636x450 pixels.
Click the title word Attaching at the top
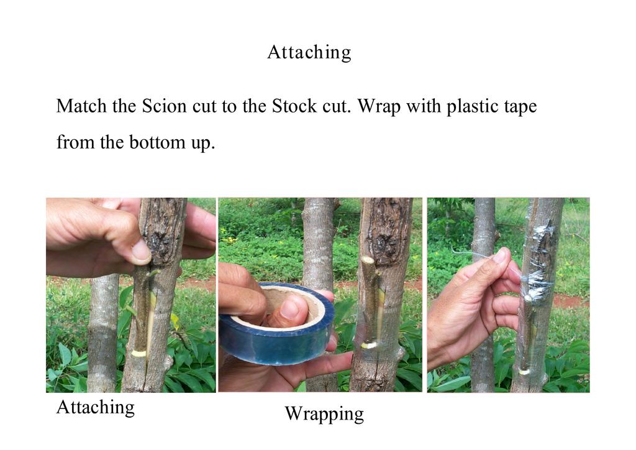coord(309,53)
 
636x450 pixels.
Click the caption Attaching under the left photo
coord(96,407)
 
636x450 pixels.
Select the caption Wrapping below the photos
coord(324,415)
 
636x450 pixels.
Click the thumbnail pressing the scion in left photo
coord(142,250)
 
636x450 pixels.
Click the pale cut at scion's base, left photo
coord(139,352)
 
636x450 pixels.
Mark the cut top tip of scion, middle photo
coord(368,260)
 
